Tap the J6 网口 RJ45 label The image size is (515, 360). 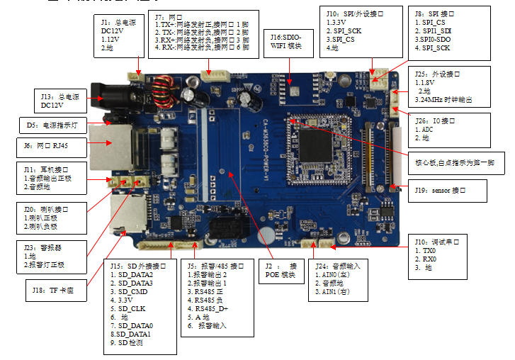pos(52,148)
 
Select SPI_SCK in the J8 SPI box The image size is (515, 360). pos(434,47)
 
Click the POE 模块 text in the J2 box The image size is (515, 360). pos(281,274)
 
